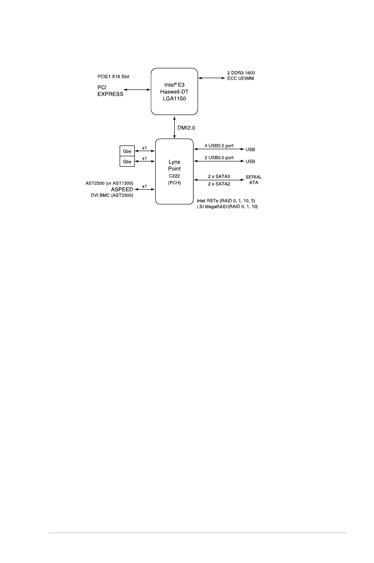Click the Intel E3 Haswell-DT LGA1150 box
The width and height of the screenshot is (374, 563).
(x=174, y=91)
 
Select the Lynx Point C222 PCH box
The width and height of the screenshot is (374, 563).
(x=174, y=171)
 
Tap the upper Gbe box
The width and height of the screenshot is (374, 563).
(x=127, y=150)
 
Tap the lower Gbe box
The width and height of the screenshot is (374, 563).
(x=127, y=161)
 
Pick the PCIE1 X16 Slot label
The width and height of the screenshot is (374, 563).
(x=113, y=75)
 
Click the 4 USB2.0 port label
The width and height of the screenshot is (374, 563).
(x=219, y=145)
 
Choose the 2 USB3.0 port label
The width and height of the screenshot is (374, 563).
(x=219, y=157)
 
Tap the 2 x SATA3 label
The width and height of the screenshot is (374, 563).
(x=219, y=176)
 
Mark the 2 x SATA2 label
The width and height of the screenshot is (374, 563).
(x=219, y=184)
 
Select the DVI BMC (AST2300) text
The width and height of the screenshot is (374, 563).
(x=112, y=195)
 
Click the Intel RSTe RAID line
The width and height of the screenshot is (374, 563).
(x=226, y=201)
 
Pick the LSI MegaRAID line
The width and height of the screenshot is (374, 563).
(x=228, y=207)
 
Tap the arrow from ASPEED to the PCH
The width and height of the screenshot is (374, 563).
(x=145, y=190)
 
